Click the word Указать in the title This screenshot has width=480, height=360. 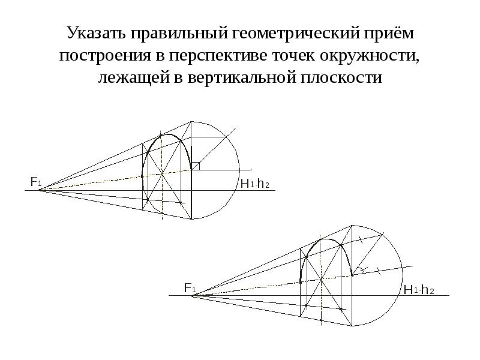[96, 33]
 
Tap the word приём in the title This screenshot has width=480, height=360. [388, 33]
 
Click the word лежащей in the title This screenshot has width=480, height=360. [134, 78]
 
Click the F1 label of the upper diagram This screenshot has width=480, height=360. [36, 182]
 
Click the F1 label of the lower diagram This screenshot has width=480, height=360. [190, 288]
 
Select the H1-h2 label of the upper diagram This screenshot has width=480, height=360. [254, 184]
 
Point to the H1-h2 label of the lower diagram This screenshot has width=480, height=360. [419, 290]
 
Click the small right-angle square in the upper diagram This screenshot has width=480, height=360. [196, 166]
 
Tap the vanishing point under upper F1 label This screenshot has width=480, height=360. [40, 190]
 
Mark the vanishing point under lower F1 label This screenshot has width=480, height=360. [193, 295]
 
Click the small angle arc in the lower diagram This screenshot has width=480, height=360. [362, 269]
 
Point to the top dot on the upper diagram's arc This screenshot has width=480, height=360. [161, 135]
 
